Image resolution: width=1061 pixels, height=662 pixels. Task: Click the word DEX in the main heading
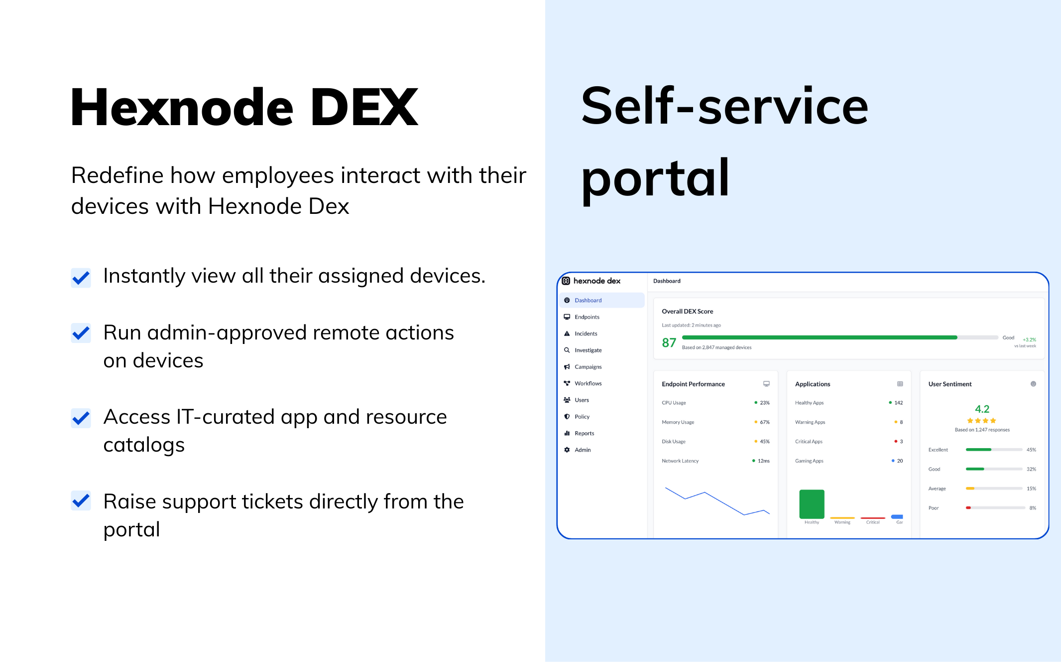tap(364, 107)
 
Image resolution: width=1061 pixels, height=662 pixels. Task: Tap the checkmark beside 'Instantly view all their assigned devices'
tap(81, 278)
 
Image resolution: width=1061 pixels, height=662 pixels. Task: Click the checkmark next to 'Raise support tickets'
tap(81, 500)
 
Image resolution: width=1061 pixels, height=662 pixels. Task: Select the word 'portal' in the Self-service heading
tap(655, 178)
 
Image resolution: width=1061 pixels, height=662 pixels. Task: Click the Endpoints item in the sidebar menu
tap(587, 317)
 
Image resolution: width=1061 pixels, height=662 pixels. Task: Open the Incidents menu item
tap(586, 333)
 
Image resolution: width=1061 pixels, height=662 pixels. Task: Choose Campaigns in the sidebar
tap(588, 367)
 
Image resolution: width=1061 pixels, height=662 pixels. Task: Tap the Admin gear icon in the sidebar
tap(567, 450)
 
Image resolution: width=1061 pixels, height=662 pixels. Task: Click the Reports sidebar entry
tap(584, 433)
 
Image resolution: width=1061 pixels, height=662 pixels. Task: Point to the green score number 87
tap(669, 342)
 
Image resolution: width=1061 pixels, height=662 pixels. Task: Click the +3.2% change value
tap(1029, 339)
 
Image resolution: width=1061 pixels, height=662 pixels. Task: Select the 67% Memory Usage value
tap(764, 422)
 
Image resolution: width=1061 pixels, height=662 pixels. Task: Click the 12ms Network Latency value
tap(763, 461)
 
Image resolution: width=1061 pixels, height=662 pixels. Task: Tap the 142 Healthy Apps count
tap(898, 403)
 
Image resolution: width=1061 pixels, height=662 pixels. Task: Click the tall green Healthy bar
tap(812, 504)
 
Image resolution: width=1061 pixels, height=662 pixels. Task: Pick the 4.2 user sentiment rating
tap(982, 409)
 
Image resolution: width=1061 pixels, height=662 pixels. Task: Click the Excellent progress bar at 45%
tap(993, 450)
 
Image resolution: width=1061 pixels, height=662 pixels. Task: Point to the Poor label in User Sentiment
tap(933, 508)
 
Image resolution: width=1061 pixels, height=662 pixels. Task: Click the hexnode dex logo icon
tap(566, 281)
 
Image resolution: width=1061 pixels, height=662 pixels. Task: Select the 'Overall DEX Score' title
tap(687, 311)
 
